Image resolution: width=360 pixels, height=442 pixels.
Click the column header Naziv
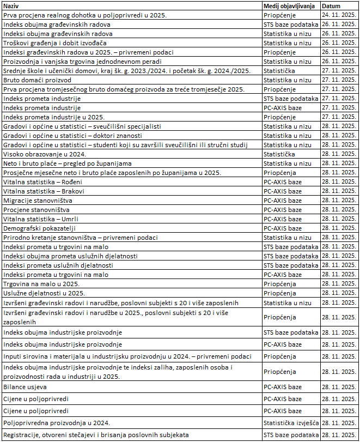click(11, 5)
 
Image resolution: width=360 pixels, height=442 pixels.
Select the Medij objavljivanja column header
click(290, 5)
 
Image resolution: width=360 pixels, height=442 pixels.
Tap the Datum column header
click(332, 5)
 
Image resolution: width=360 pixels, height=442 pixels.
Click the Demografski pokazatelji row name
click(39, 228)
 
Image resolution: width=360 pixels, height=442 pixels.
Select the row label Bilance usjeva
click(25, 387)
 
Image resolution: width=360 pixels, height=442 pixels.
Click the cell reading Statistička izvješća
click(291, 423)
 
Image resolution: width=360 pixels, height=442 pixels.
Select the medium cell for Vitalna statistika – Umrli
click(283, 219)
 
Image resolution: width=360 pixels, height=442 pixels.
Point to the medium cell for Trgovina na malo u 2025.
click(280, 284)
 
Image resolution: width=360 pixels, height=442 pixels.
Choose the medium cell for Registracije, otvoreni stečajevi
click(291, 435)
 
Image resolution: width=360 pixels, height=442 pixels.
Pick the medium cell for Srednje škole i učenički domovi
click(279, 71)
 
